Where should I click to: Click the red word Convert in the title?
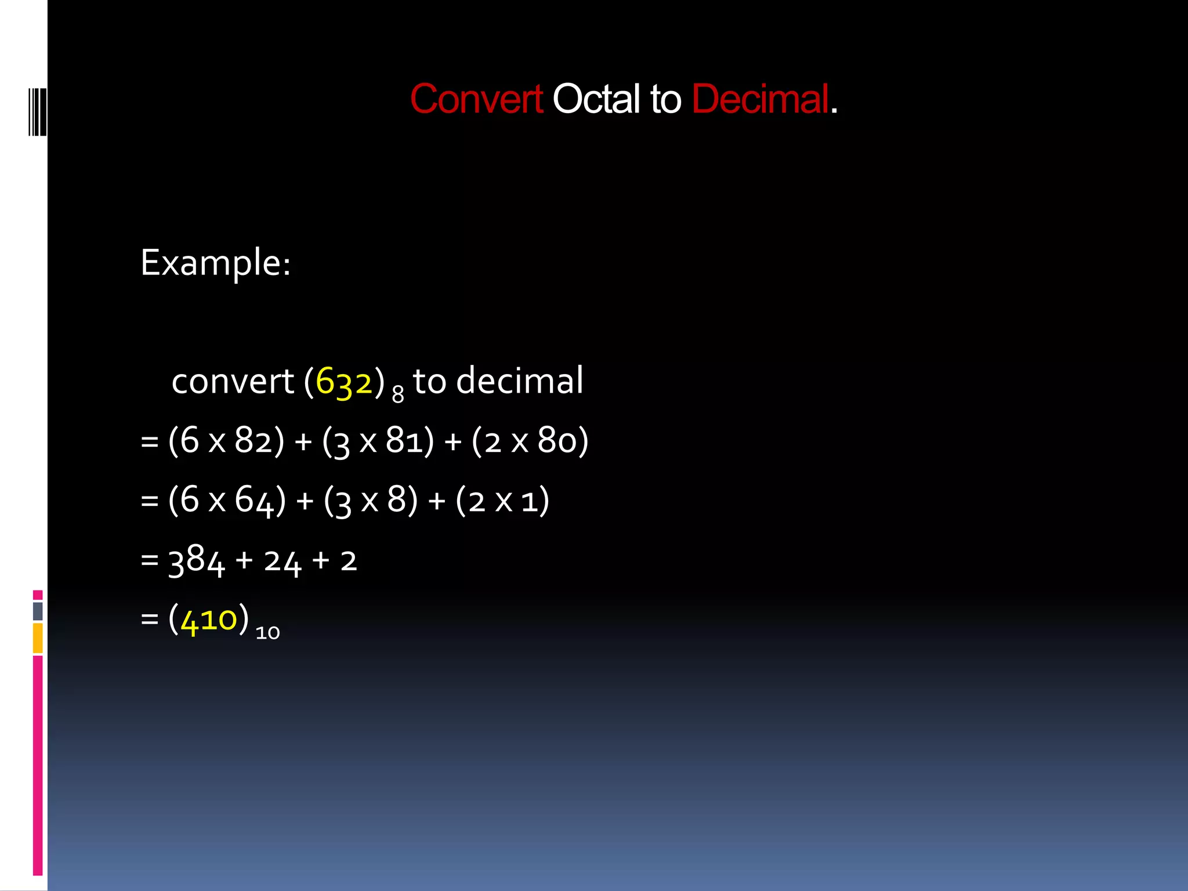(476, 99)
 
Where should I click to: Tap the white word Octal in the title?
(596, 99)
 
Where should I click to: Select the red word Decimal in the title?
(760, 99)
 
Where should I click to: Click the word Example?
(215, 263)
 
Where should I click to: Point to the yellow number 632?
(343, 383)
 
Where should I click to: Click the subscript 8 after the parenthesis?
(397, 395)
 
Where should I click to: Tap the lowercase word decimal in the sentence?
(519, 382)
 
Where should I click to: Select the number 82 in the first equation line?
(253, 441)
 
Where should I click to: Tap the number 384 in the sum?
(196, 561)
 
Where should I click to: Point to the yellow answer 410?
(209, 620)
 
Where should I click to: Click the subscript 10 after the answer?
(267, 633)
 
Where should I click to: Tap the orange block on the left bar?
(38, 638)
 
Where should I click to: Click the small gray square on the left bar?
(38, 611)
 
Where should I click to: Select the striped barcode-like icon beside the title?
(37, 112)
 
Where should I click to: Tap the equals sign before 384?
(150, 560)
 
